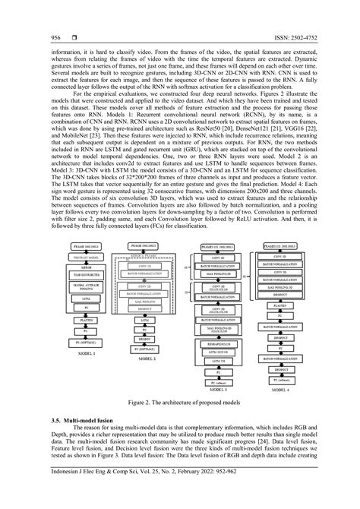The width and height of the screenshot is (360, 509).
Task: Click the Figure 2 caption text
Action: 179,407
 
